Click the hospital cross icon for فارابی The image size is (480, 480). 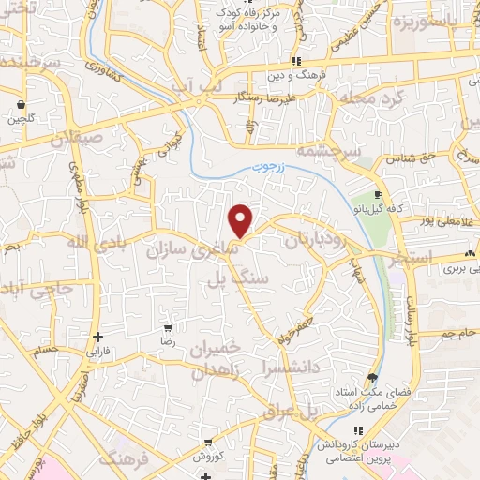pyautogui.click(x=97, y=337)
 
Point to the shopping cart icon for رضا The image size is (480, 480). pyautogui.click(x=168, y=329)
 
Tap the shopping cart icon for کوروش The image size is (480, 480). pyautogui.click(x=178, y=442)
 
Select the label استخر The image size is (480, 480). pyautogui.click(x=413, y=255)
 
